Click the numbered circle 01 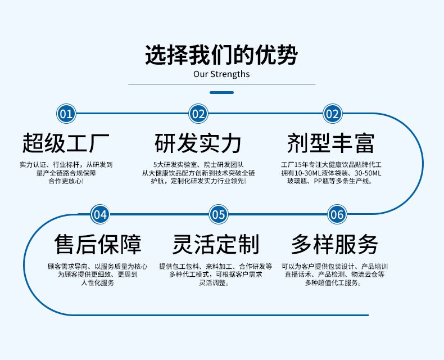[66, 114]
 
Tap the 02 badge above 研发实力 [198, 114]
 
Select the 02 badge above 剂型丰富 [332, 114]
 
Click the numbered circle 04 [100, 214]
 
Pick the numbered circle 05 [218, 214]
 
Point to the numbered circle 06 [337, 214]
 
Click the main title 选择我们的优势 [221, 55]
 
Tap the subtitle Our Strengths [221, 74]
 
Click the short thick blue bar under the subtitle [221, 92]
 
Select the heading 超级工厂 [66, 143]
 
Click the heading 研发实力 [198, 143]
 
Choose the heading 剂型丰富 [331, 143]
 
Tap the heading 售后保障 [98, 244]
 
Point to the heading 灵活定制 [216, 244]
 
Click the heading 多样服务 [335, 244]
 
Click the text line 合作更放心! [66, 181]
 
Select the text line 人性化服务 [98, 282]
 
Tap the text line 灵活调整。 [214, 282]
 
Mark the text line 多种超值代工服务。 [333, 282]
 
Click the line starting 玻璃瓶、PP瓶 [330, 181]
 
